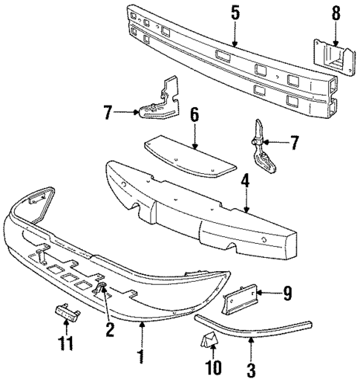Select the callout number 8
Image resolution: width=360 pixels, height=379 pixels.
pos(336,12)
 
